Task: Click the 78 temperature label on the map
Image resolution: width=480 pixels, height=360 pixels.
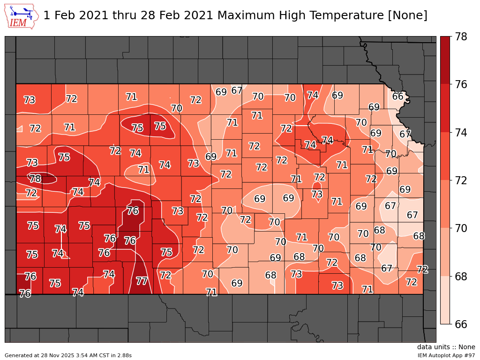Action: (35, 179)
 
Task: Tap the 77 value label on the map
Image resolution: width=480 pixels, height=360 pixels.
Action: (142, 281)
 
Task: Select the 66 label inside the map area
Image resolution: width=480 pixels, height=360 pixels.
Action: (398, 97)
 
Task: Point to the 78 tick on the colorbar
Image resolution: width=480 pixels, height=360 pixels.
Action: (461, 37)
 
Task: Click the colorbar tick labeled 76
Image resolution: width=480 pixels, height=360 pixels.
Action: (461, 84)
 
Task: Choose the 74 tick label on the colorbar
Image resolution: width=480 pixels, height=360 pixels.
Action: (461, 133)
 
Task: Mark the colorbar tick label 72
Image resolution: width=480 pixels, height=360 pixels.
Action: (461, 180)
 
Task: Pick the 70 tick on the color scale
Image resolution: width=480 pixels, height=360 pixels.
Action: (461, 228)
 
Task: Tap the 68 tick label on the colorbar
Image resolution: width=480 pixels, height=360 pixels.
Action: (461, 277)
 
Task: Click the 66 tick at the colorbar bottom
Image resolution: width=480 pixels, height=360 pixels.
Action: (461, 324)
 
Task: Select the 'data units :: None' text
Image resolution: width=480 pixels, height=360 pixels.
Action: (446, 347)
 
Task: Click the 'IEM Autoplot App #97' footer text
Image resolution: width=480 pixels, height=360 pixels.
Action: (446, 355)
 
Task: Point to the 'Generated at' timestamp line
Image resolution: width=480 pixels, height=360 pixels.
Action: (68, 355)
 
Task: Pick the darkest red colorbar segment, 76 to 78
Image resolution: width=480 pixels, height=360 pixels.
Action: (445, 60)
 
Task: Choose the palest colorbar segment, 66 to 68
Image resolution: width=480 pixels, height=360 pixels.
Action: (445, 300)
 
